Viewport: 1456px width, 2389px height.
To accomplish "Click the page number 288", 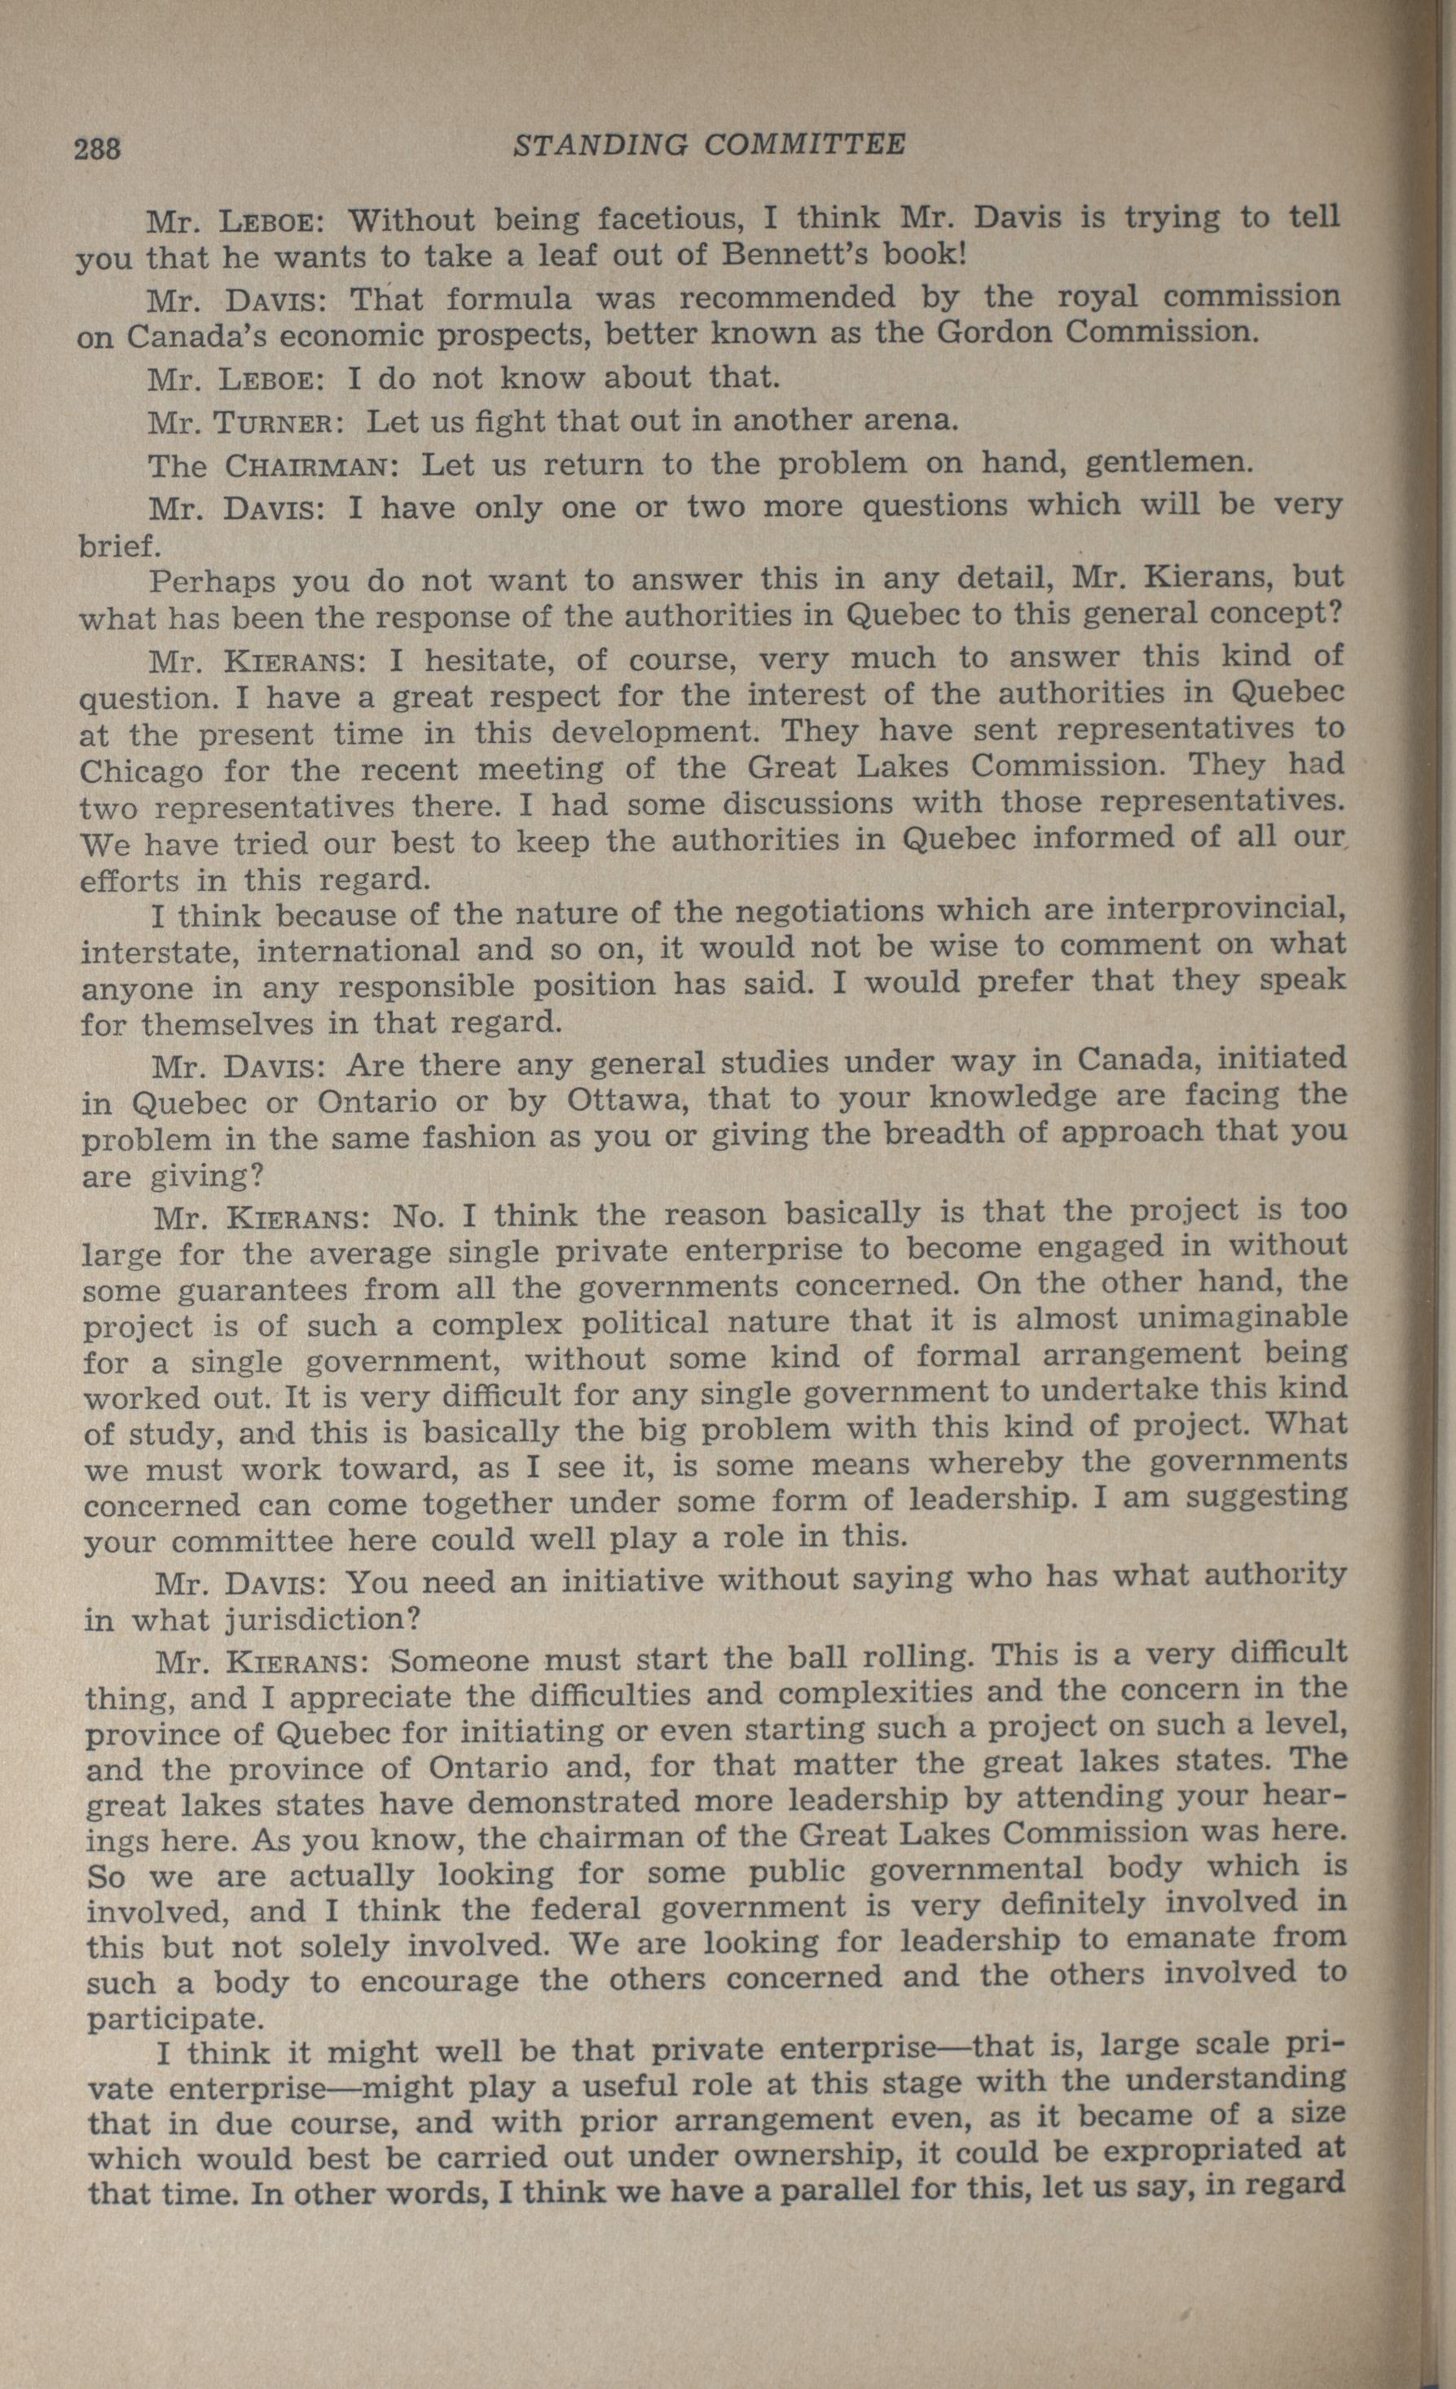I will pyautogui.click(x=98, y=149).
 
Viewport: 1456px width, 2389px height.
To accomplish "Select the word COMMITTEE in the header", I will pyautogui.click(x=803, y=144).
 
